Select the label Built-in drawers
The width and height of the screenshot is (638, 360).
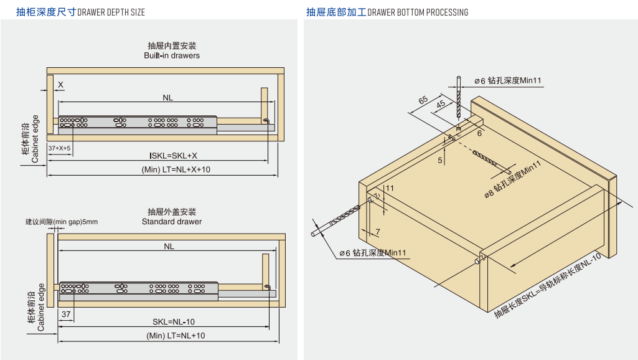pyautogui.click(x=172, y=55)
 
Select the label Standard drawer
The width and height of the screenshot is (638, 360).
pyautogui.click(x=172, y=222)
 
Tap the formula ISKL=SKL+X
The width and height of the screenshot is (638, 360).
pyautogui.click(x=173, y=156)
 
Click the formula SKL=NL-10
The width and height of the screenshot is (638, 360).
pyautogui.click(x=174, y=321)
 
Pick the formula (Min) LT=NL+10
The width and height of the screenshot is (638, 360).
pyautogui.click(x=176, y=336)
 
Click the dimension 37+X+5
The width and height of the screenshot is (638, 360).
pyautogui.click(x=60, y=148)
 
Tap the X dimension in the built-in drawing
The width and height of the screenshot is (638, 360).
pyautogui.click(x=60, y=84)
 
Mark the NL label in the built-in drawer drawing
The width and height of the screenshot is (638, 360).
pyautogui.click(x=168, y=97)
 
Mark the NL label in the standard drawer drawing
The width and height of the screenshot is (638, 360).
pyautogui.click(x=169, y=247)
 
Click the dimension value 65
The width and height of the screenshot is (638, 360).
pyautogui.click(x=423, y=100)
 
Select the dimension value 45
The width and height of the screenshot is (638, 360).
pyautogui.click(x=441, y=105)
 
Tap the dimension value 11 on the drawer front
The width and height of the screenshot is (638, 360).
pyautogui.click(x=390, y=187)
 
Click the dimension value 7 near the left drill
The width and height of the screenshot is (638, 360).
pyautogui.click(x=377, y=232)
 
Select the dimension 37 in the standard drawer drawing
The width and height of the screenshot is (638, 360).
pyautogui.click(x=66, y=314)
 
